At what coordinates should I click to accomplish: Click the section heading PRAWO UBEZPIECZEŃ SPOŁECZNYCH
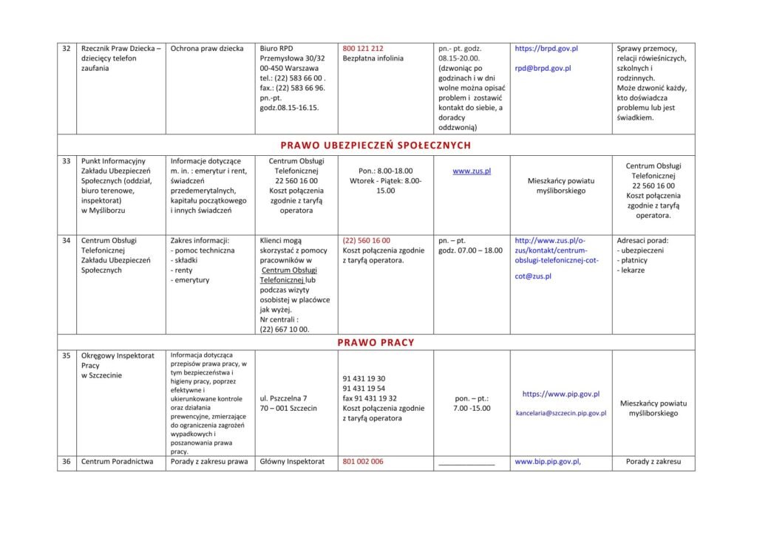376,145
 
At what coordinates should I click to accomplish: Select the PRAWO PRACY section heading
376,342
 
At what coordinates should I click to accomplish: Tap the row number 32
66,49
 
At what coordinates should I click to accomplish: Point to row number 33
66,161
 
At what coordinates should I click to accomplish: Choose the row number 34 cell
66,241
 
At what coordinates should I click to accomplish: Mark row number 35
66,355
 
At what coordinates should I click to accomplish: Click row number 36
66,463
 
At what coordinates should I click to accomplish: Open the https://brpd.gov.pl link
546,49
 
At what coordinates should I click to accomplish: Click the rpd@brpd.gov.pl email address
543,69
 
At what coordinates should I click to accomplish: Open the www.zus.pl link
472,171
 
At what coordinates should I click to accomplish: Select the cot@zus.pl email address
533,276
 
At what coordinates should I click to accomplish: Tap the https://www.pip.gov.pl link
560,395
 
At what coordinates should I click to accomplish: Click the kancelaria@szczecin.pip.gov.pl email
560,413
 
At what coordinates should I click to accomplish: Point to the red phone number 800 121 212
363,49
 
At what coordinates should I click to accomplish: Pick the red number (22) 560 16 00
367,241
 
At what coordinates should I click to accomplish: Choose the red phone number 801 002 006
363,463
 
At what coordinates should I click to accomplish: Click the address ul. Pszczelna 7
284,398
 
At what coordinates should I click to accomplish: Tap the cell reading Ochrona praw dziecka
207,49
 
